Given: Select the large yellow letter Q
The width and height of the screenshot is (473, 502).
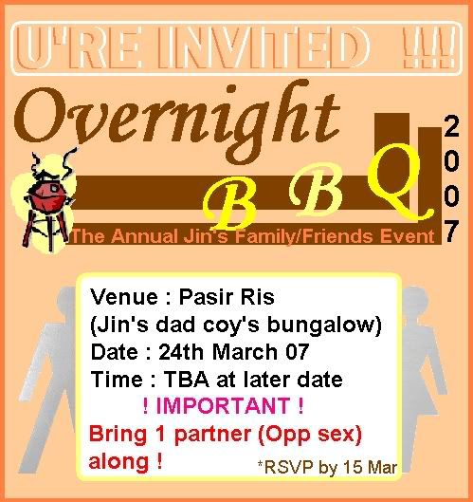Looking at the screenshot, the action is point(398,181).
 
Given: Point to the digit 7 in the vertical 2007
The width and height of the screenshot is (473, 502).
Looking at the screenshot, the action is point(451,231).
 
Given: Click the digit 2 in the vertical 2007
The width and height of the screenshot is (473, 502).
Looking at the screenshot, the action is point(451,126).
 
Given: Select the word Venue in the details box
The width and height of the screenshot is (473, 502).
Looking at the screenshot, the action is point(124,297).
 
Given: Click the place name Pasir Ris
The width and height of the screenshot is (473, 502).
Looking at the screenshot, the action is point(227,297).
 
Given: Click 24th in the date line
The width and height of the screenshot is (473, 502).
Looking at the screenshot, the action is point(181,352).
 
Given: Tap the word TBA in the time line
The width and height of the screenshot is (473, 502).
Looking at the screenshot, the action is point(187,380).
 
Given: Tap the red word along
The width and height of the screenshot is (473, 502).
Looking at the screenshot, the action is point(118,461).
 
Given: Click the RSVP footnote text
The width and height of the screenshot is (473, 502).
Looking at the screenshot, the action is point(327,467).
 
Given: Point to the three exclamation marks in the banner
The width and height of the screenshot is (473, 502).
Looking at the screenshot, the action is point(428,47).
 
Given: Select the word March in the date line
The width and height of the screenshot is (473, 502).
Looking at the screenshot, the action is point(246,352).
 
